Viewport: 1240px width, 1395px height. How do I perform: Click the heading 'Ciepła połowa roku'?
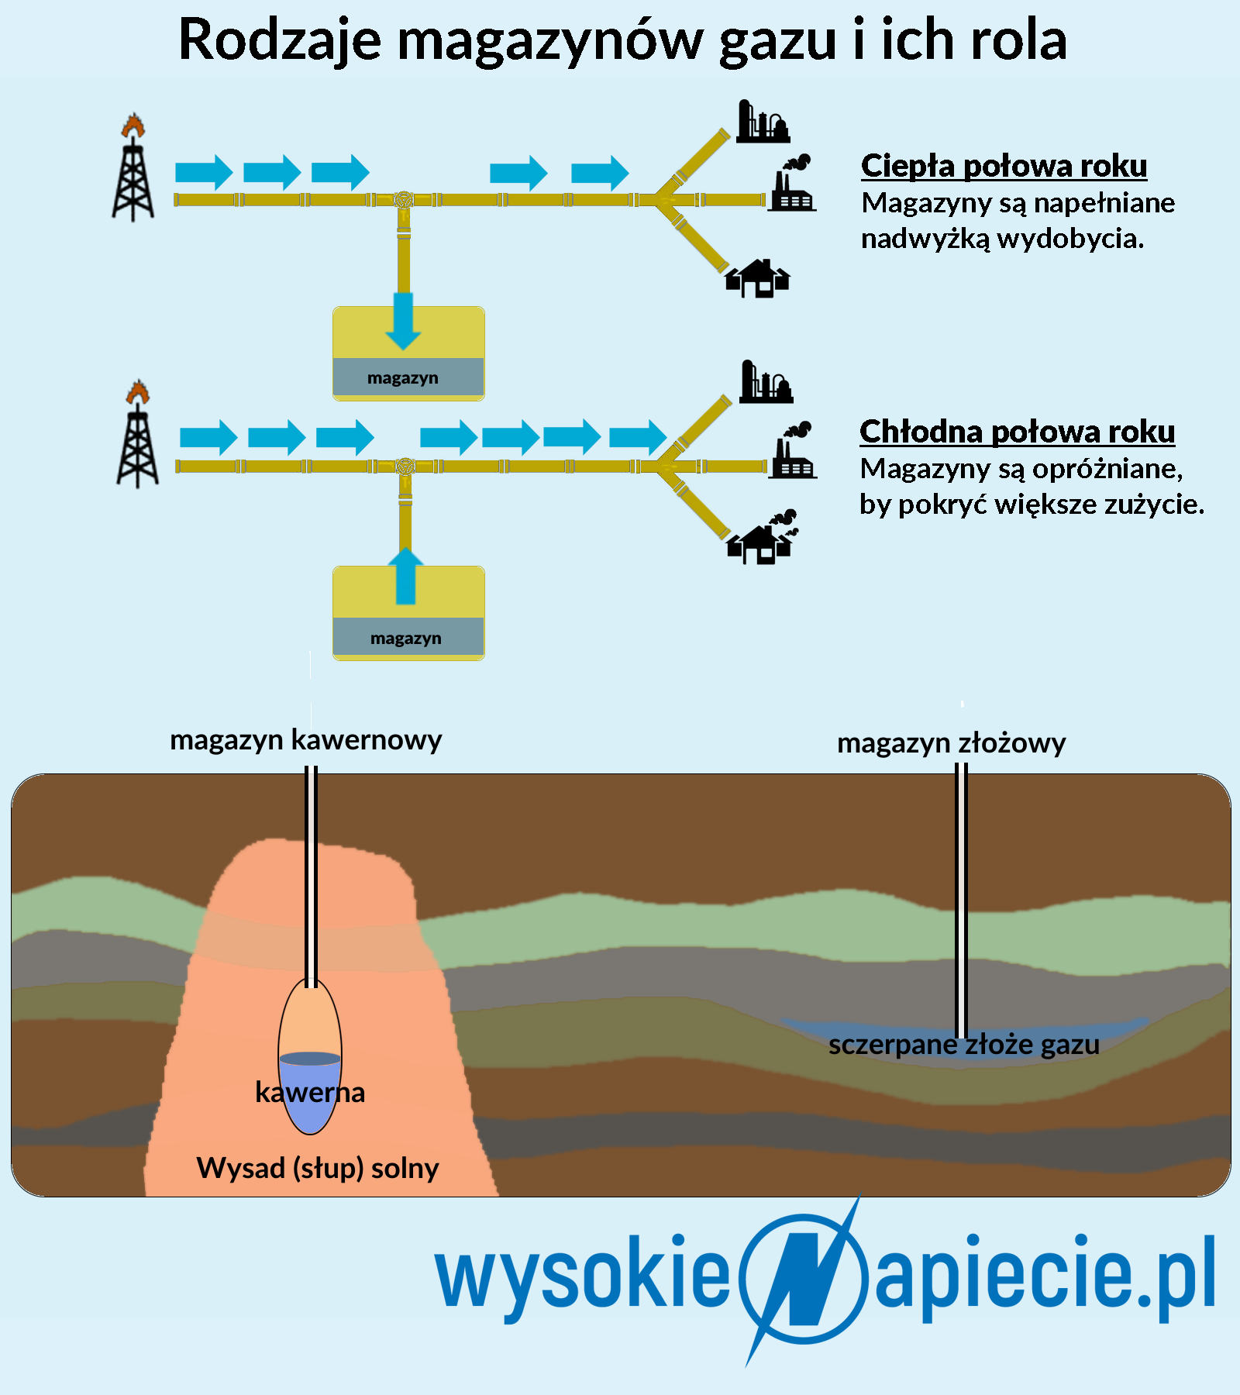point(1004,166)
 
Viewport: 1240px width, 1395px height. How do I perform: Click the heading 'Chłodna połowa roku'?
point(1017,432)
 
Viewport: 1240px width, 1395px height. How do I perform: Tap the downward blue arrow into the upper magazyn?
point(403,321)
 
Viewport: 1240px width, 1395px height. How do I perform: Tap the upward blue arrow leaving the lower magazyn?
point(405,576)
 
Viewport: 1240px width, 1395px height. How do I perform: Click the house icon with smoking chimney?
point(762,537)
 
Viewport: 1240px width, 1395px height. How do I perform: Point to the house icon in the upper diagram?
point(757,278)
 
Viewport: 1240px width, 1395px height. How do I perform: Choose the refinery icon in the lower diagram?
point(766,381)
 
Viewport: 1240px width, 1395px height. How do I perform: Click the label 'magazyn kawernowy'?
point(306,740)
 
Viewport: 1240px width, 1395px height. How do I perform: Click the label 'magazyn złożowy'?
point(952,743)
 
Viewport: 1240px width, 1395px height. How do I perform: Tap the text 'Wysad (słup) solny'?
point(318,1168)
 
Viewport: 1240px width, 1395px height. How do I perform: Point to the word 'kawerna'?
point(310,1092)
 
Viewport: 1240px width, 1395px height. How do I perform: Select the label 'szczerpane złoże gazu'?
point(964,1045)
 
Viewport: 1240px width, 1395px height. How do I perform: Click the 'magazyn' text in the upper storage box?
point(403,378)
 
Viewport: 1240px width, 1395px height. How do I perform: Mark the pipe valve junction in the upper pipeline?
point(403,200)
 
